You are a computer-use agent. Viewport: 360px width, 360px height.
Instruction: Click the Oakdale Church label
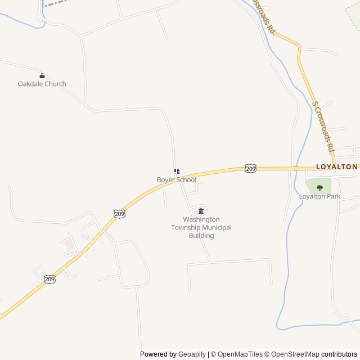42,84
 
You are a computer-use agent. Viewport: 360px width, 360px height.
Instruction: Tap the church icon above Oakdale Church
41,76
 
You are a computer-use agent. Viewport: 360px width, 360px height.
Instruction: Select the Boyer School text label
177,180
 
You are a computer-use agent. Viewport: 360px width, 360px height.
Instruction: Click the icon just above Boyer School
177,171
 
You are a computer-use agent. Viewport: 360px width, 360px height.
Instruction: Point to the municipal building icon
201,211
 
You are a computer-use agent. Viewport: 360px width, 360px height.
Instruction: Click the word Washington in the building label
201,219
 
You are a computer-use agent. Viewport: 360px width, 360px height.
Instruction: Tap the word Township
186,228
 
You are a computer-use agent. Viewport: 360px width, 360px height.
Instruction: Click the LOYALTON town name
336,167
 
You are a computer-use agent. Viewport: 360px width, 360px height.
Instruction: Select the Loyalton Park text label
319,196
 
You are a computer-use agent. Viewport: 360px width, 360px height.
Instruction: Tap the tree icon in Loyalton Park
319,188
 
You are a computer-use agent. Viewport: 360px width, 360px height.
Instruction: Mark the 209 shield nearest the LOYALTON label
251,168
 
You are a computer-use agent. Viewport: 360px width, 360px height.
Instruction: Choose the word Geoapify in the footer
192,354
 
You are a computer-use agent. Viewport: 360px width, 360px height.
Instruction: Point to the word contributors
339,354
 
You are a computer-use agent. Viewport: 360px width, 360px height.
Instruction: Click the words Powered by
158,354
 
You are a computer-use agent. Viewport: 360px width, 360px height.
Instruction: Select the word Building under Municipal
201,236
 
